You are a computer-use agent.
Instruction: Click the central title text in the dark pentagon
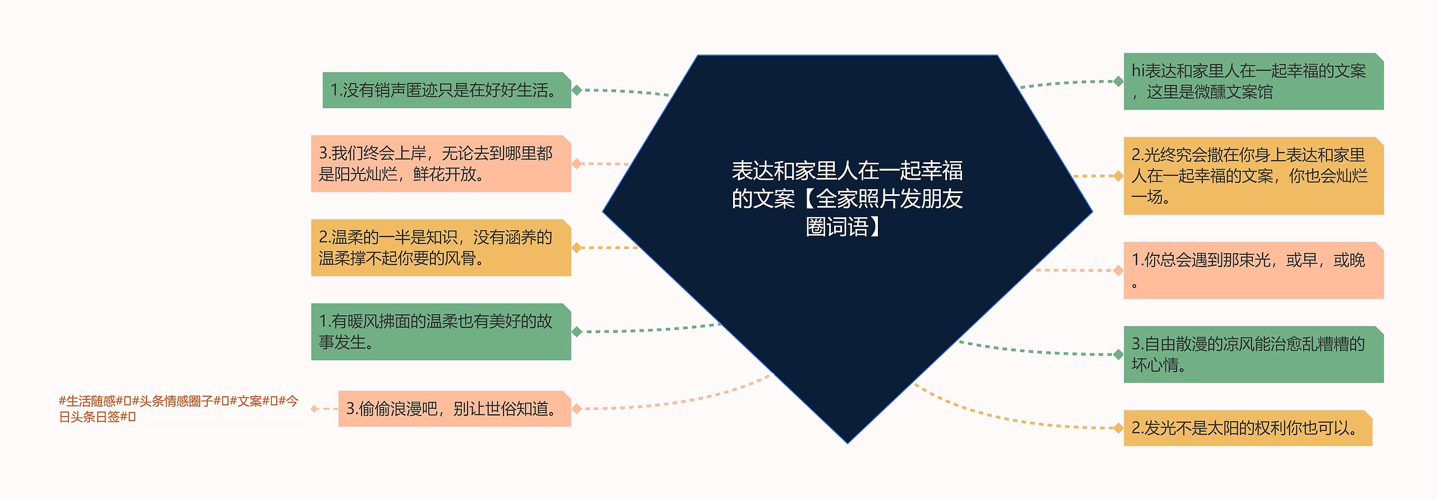pyautogui.click(x=847, y=198)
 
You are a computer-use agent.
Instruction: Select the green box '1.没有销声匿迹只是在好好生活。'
pyautogui.click(x=446, y=90)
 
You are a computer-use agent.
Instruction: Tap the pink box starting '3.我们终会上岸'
pyautogui.click(x=441, y=164)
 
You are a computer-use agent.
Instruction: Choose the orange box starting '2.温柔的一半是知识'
pyautogui.click(x=441, y=248)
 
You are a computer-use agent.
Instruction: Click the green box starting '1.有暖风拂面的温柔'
pyautogui.click(x=441, y=332)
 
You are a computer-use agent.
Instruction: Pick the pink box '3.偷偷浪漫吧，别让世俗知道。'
pyautogui.click(x=454, y=409)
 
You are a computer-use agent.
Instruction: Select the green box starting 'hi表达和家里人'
pyautogui.click(x=1253, y=81)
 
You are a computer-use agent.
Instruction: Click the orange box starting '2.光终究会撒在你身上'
pyautogui.click(x=1253, y=176)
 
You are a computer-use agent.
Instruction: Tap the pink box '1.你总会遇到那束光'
pyautogui.click(x=1253, y=271)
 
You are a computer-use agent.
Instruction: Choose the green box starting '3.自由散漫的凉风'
pyautogui.click(x=1253, y=354)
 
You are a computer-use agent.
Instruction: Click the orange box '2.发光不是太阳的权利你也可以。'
pyautogui.click(x=1247, y=428)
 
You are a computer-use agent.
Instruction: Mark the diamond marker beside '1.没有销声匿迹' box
pyautogui.click(x=576, y=90)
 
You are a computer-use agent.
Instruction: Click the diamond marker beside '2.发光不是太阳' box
pyautogui.click(x=1118, y=428)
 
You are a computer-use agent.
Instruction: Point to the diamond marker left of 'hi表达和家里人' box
pyautogui.click(x=1118, y=81)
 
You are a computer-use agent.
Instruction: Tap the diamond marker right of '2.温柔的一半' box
pyautogui.click(x=576, y=248)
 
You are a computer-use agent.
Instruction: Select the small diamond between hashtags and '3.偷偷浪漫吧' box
pyautogui.click(x=314, y=409)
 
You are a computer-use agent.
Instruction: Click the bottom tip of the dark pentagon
pyautogui.click(x=848, y=442)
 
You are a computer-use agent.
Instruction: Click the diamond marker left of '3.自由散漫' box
pyautogui.click(x=1118, y=354)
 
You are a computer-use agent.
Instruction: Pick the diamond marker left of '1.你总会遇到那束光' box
pyautogui.click(x=1118, y=271)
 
